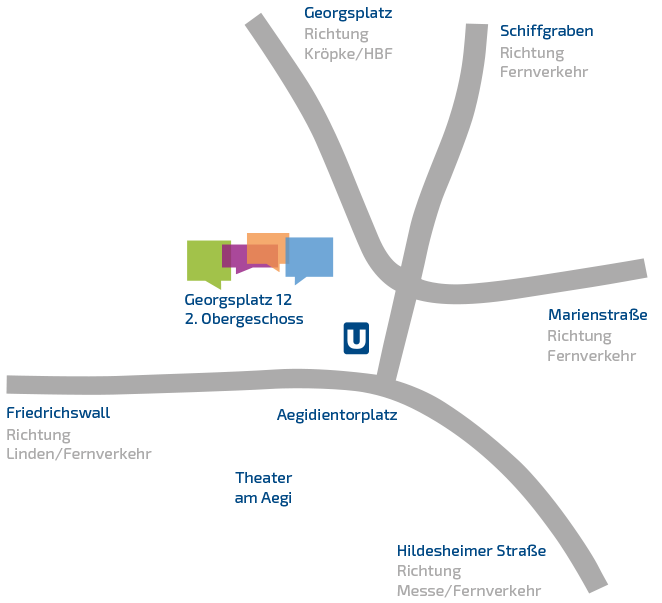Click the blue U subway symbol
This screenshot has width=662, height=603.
[x=356, y=339]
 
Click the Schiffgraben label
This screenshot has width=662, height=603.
[x=546, y=31]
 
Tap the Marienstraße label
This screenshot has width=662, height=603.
[x=597, y=315]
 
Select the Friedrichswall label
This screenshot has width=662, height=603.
[x=58, y=413]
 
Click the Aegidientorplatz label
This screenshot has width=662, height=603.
[x=337, y=415]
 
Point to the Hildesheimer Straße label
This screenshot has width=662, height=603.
[x=471, y=551]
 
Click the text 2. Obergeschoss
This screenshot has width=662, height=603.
[x=244, y=319]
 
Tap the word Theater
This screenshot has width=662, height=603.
[x=263, y=478]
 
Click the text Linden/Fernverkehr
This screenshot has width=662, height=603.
[x=79, y=454]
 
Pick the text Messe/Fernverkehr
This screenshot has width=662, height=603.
[x=469, y=591]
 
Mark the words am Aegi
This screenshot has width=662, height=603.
[x=262, y=498]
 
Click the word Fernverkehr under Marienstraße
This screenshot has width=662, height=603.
[x=591, y=356]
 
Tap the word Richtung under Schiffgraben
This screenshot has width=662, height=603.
[x=532, y=52]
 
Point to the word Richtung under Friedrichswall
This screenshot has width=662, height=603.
[x=38, y=434]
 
